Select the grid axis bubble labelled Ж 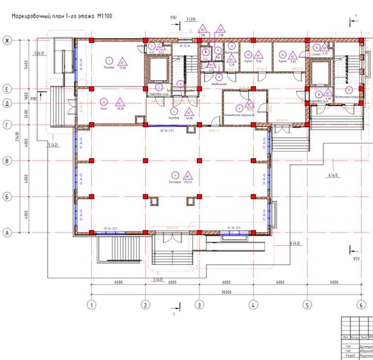(x=7, y=40)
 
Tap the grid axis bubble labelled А (x=7, y=233)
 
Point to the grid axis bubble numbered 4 (x=253, y=304)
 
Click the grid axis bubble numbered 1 (x=92, y=304)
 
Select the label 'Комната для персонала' (x=238, y=115)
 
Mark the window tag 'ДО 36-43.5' (x=167, y=130)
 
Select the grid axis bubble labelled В (x=7, y=161)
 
